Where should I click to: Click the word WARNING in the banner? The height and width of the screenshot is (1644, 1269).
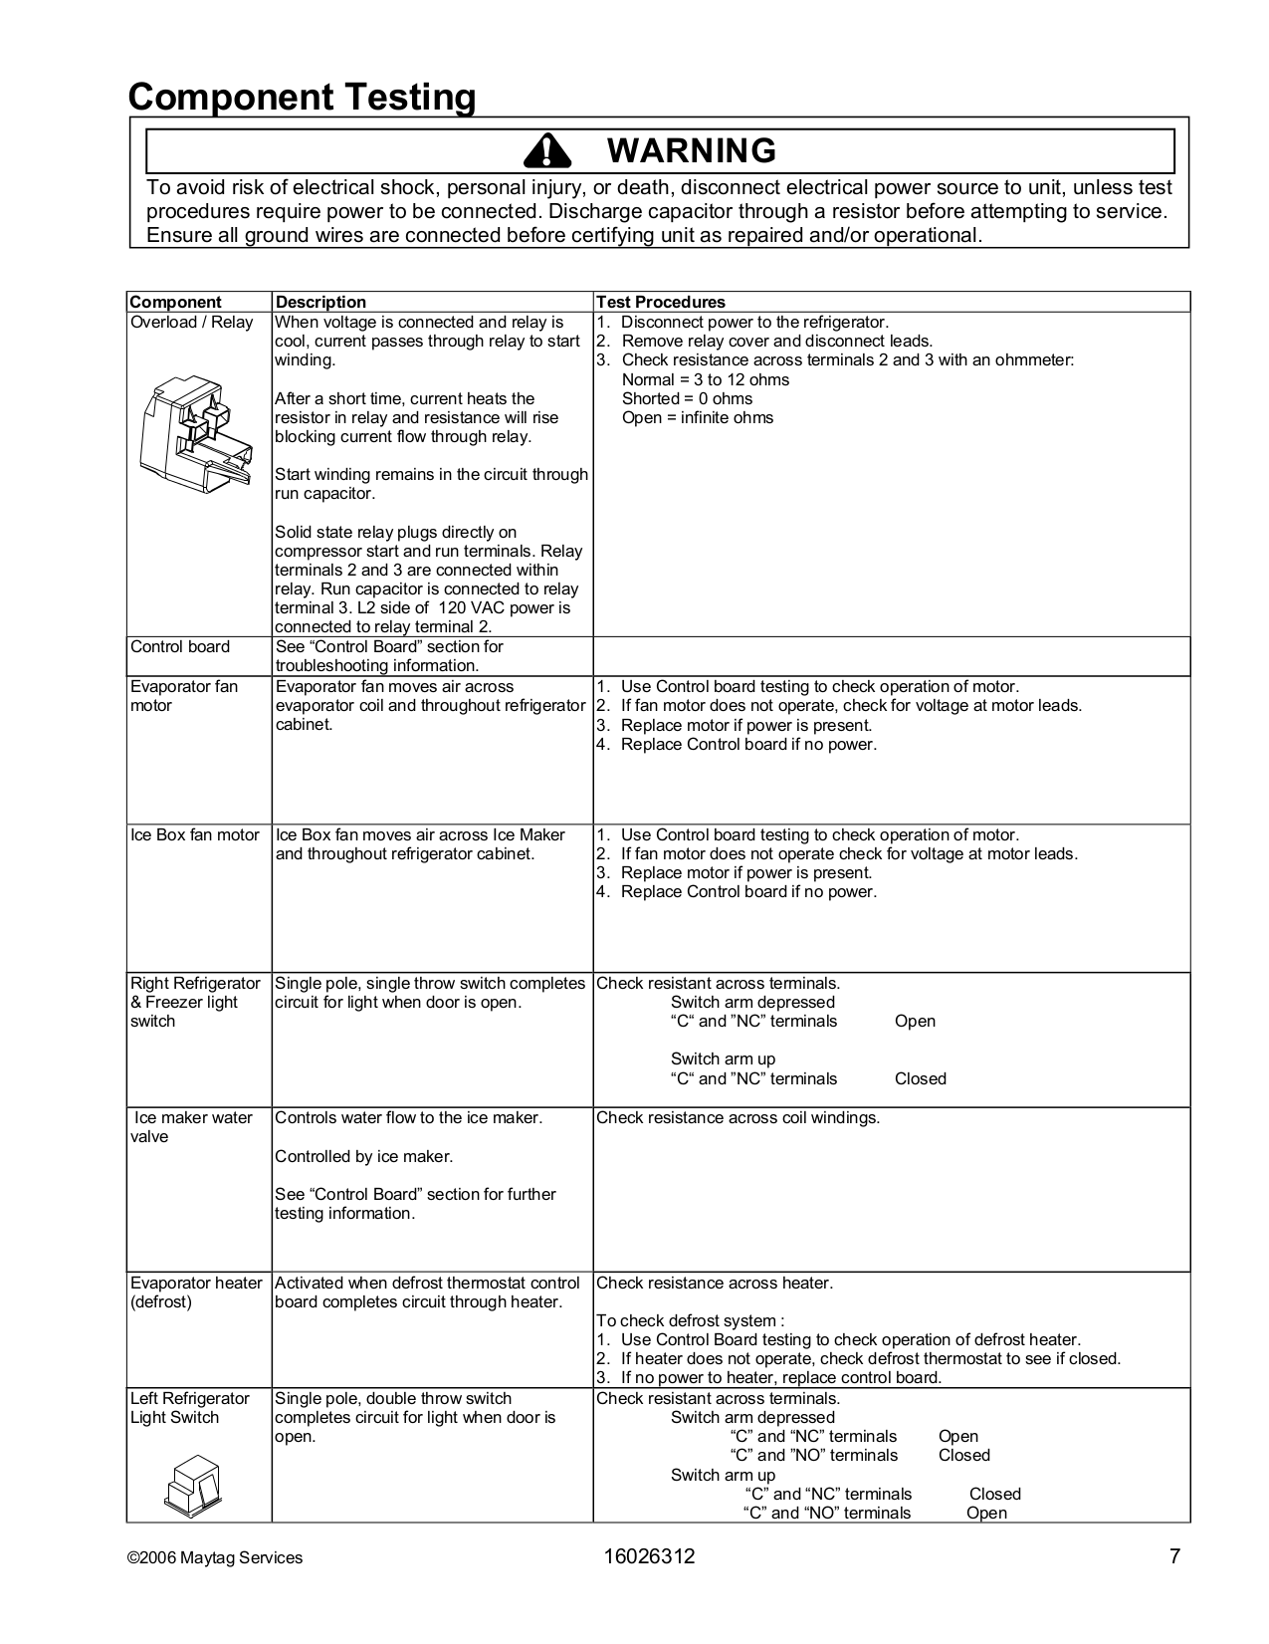(691, 150)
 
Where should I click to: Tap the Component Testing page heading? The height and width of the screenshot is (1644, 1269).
(302, 98)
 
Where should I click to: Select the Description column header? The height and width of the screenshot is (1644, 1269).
(320, 302)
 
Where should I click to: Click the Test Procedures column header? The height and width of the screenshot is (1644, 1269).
(660, 302)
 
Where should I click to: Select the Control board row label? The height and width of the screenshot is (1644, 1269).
(180, 647)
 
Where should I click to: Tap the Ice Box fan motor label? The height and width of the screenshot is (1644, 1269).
(195, 834)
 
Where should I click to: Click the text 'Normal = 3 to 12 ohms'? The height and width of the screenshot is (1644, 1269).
(705, 379)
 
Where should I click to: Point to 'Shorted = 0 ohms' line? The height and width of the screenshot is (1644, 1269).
(687, 398)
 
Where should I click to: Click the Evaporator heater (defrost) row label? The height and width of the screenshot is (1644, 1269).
(196, 1292)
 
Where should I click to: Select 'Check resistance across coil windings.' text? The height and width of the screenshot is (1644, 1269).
(738, 1117)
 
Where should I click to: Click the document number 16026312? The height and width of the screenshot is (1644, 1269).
(649, 1557)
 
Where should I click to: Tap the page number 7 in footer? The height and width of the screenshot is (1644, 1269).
(1174, 1557)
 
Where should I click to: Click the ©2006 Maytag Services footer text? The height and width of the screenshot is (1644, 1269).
(216, 1558)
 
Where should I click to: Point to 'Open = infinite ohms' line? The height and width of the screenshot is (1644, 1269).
(697, 417)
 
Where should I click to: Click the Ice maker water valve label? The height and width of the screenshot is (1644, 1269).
(192, 1127)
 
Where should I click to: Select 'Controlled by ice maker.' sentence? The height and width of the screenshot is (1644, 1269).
(363, 1156)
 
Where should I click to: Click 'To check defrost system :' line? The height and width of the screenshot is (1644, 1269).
(690, 1320)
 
